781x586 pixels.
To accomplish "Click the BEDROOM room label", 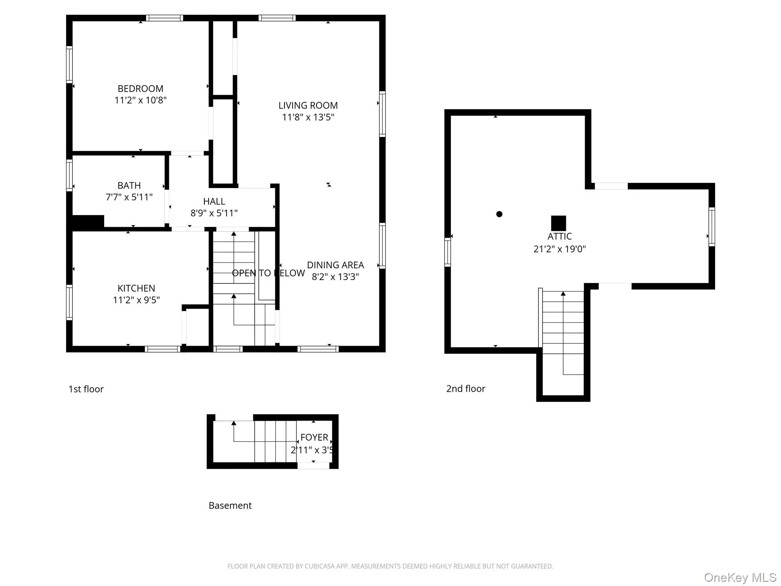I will pyautogui.click(x=140, y=89).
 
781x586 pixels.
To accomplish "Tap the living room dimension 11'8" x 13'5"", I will pyautogui.click(x=308, y=117).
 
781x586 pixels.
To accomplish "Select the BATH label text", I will pyautogui.click(x=129, y=186).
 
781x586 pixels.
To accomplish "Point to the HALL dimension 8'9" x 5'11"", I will pyautogui.click(x=214, y=213).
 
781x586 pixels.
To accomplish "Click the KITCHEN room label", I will pyautogui.click(x=136, y=288).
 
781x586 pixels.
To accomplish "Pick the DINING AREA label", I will pyautogui.click(x=335, y=265).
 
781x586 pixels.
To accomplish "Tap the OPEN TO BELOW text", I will pyautogui.click(x=268, y=273).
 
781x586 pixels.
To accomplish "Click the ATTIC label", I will pyautogui.click(x=559, y=237).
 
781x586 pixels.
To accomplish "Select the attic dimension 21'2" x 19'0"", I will pyautogui.click(x=559, y=249).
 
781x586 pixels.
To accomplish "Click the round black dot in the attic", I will pyautogui.click(x=499, y=214).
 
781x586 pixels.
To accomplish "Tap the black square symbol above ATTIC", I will pyautogui.click(x=558, y=223).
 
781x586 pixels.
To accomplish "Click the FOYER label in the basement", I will pyautogui.click(x=314, y=438).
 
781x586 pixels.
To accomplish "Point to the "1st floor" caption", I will pyautogui.click(x=86, y=389).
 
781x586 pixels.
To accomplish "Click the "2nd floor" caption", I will pyautogui.click(x=466, y=389).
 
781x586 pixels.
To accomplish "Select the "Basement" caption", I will pyautogui.click(x=230, y=506).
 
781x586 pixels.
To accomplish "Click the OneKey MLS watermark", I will pyautogui.click(x=740, y=577).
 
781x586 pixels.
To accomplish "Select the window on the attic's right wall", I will pyautogui.click(x=712, y=227).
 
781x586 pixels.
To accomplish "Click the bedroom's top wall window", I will pyautogui.click(x=164, y=18).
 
